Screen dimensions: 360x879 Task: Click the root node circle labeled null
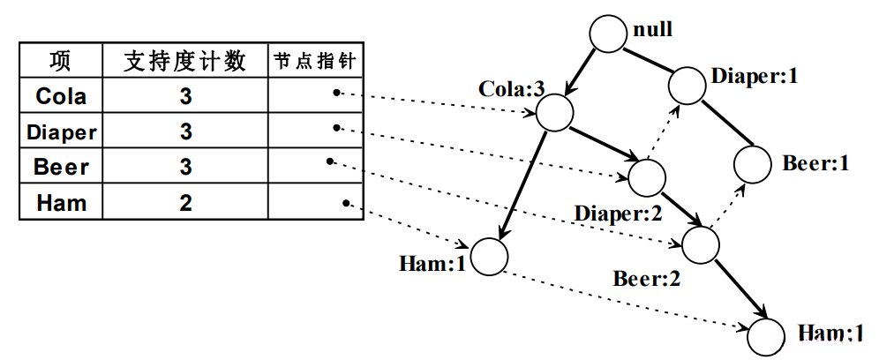point(609,34)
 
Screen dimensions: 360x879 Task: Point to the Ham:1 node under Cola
point(488,257)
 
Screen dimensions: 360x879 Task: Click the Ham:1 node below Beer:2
point(765,335)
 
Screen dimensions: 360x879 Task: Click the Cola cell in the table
point(61,95)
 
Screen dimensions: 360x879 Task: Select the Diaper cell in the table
point(61,132)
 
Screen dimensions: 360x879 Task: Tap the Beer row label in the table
point(61,167)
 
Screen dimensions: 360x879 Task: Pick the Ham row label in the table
point(61,203)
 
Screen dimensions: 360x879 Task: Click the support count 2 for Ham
point(185,203)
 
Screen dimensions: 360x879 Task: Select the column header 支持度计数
point(185,61)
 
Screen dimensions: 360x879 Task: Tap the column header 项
point(61,61)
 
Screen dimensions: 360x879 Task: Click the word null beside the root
point(653,30)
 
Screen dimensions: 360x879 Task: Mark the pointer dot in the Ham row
point(347,203)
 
